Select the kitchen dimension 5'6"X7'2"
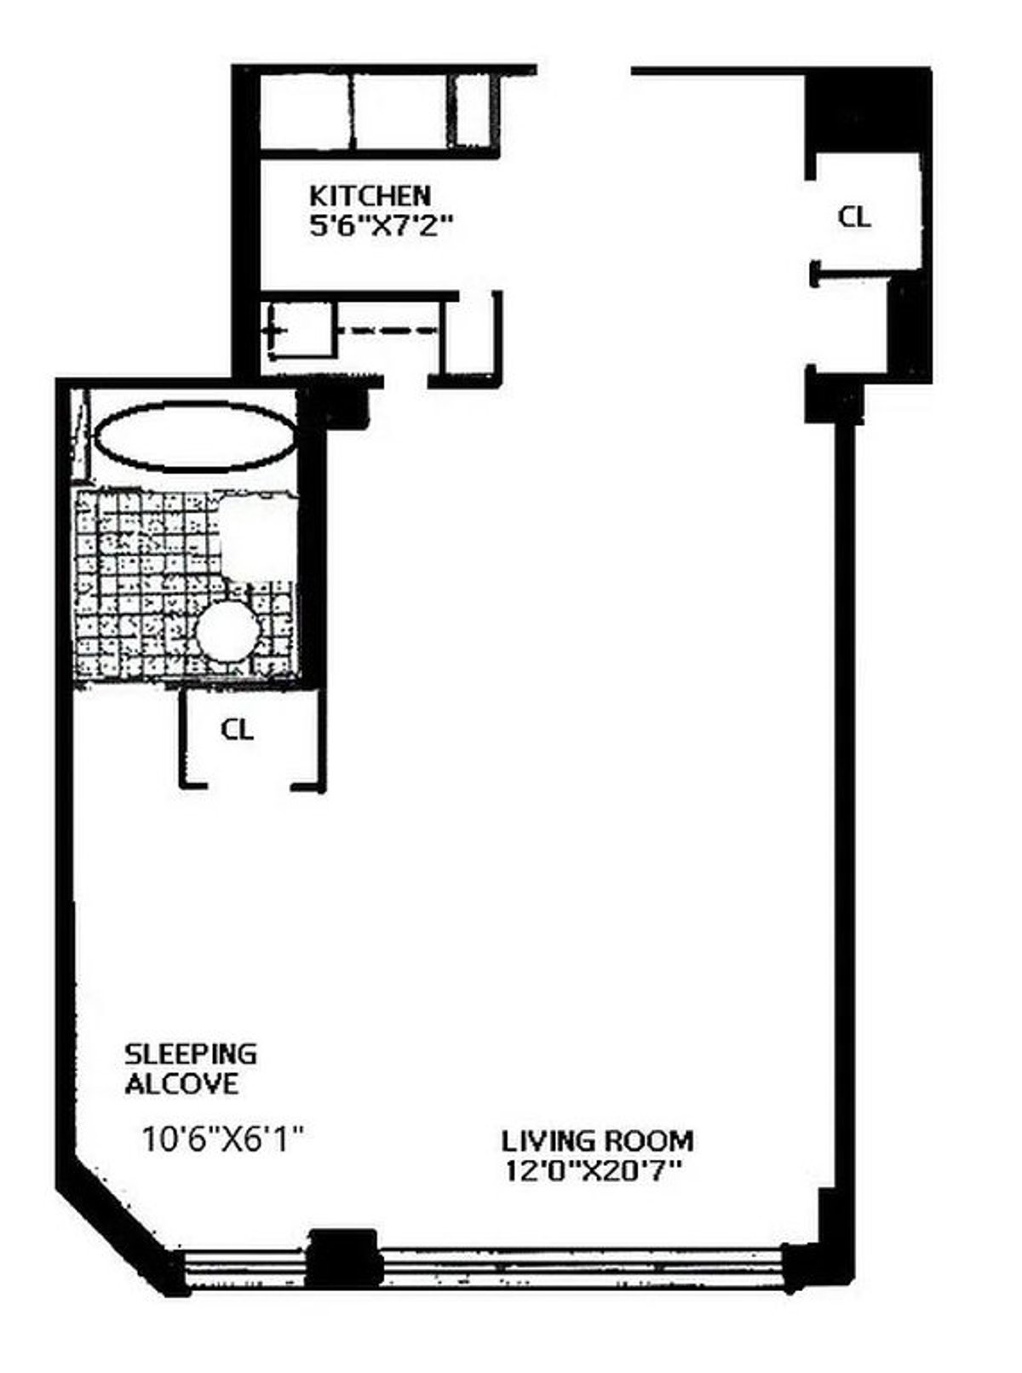click(379, 228)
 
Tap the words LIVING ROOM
click(596, 1140)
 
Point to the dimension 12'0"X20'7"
click(594, 1171)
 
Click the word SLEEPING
click(190, 1054)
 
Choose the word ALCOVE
click(181, 1084)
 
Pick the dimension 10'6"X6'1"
click(223, 1139)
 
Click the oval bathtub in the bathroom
click(194, 436)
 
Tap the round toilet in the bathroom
click(227, 632)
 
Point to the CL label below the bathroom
click(237, 730)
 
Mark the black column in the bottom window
click(342, 1258)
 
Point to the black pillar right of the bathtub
click(344, 406)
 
